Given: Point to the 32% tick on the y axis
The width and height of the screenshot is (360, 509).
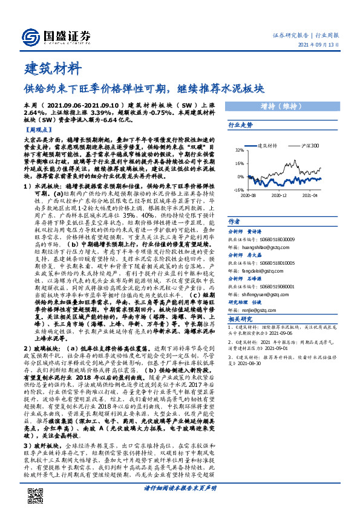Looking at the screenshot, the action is [x=240, y=150].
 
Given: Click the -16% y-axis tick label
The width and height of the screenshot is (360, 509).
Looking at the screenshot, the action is [x=238, y=190].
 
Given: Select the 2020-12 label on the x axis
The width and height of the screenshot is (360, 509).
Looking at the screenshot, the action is [x=279, y=196].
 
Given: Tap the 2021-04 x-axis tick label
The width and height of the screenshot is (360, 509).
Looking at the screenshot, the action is [x=310, y=196].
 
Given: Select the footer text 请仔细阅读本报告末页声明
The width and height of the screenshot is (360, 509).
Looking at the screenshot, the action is [x=180, y=487].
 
